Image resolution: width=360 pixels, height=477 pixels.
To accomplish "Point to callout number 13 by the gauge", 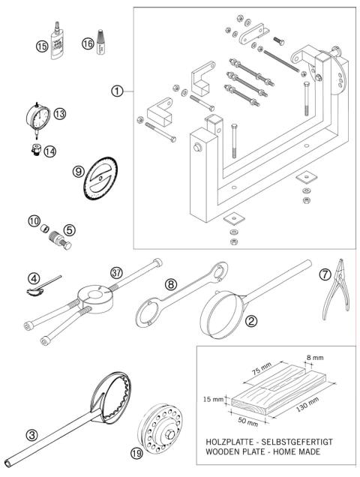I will coord(60,113).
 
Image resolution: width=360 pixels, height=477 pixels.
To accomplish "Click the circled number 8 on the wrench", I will coord(172,285).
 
